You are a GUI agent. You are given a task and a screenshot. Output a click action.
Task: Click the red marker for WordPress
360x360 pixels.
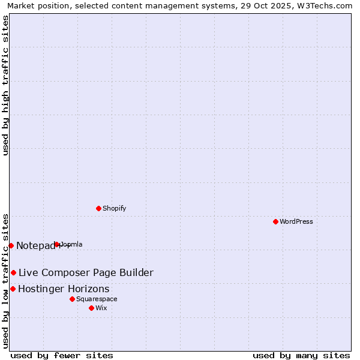[x=275, y=221]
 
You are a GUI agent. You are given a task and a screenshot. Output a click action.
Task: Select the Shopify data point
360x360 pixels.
[x=98, y=208]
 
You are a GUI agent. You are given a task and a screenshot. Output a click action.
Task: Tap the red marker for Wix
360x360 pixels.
[x=91, y=308]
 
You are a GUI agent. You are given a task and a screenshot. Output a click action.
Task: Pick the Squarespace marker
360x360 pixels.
[x=72, y=299]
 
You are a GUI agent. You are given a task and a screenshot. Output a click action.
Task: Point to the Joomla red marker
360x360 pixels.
[x=57, y=244]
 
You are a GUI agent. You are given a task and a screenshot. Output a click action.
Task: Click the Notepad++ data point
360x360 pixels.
[x=11, y=245]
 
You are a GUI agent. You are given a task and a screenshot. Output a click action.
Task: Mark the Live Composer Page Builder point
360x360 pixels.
[x=13, y=272]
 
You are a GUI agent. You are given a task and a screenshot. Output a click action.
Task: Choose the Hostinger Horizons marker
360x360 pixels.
[x=13, y=289]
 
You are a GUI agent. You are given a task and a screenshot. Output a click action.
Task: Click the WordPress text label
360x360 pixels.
[x=296, y=221]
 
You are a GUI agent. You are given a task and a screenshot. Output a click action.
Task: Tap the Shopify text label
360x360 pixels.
[x=114, y=208]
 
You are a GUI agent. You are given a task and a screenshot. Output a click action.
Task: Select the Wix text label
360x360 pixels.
[x=101, y=308]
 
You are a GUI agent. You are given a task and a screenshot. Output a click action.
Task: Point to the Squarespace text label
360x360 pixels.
[x=97, y=299]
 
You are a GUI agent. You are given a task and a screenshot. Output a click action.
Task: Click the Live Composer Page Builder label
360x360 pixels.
[x=86, y=273]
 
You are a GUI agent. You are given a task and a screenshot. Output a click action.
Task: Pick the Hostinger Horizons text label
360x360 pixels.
[x=64, y=289]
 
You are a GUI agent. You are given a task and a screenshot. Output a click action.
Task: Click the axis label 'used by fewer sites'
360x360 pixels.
[x=62, y=355]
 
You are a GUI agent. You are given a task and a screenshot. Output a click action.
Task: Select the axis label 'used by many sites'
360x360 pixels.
[x=301, y=355]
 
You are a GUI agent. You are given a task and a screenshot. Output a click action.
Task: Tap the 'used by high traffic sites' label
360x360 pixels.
[x=6, y=85]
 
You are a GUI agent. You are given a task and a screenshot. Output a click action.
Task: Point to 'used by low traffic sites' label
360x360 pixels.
[x=6, y=280]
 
